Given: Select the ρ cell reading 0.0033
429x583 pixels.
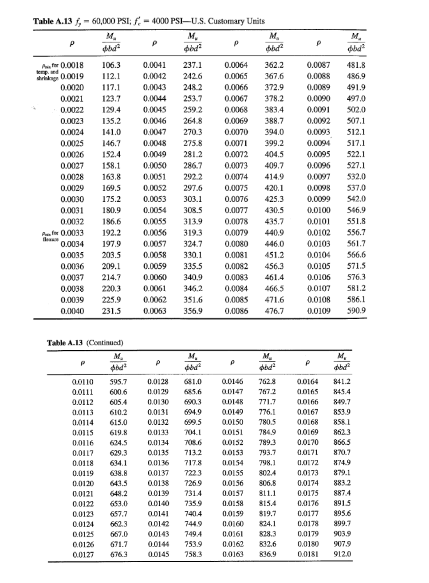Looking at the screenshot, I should coord(72,232).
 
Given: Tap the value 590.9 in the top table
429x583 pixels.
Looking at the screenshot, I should coord(356,310).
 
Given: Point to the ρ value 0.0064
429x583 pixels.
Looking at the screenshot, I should coord(236,65).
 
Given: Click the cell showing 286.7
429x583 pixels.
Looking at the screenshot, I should coord(193,165).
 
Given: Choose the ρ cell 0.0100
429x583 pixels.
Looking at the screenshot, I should coord(319,210).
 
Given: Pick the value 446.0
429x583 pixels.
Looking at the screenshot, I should coord(275,243).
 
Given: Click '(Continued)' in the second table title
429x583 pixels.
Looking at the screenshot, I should coord(104,342).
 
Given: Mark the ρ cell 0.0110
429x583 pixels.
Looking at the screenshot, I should coord(83,381).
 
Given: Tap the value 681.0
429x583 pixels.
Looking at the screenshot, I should coord(193,381).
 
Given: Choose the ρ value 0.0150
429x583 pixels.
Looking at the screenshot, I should coord(232,422).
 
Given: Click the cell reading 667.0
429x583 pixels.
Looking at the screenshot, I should coord(118,534).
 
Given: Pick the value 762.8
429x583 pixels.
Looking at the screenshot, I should coord(267,381).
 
